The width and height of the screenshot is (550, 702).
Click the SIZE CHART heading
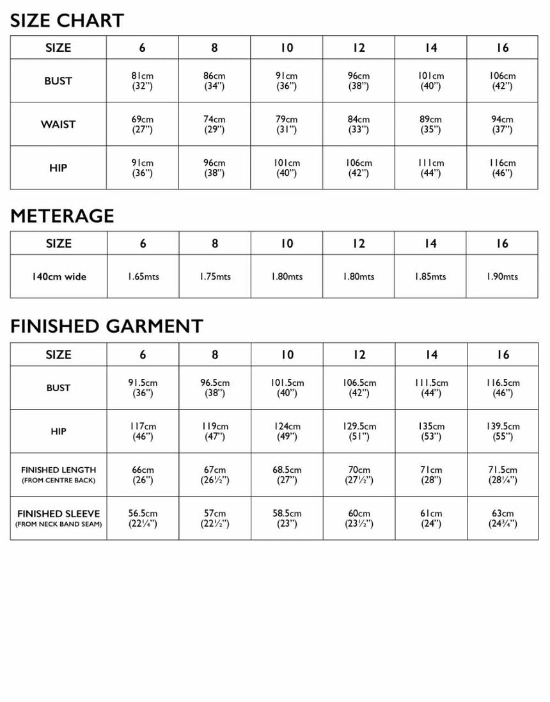pyautogui.click(x=67, y=20)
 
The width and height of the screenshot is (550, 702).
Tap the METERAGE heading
pyautogui.click(x=62, y=216)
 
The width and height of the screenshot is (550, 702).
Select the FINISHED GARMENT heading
pyautogui.click(x=106, y=326)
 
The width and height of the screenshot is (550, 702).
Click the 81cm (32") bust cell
pyautogui.click(x=143, y=81)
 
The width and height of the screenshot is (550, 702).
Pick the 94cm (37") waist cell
pyautogui.click(x=503, y=124)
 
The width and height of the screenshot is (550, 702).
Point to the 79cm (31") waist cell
pyautogui.click(x=287, y=124)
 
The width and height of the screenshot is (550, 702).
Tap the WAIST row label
pyautogui.click(x=58, y=124)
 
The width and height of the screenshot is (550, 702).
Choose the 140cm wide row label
pyautogui.click(x=58, y=277)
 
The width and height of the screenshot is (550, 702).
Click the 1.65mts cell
pyautogui.click(x=143, y=277)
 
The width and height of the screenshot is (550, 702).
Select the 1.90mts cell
pyautogui.click(x=503, y=277)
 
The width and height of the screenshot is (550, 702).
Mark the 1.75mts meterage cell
pyautogui.click(x=215, y=277)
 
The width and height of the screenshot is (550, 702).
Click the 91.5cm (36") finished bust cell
pyautogui.click(x=143, y=388)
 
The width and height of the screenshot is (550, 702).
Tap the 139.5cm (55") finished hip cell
pyautogui.click(x=503, y=431)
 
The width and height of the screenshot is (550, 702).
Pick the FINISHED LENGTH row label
pyautogui.click(x=58, y=474)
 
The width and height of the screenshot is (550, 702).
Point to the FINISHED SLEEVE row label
pyautogui.click(x=58, y=518)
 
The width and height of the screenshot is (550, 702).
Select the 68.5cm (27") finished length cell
pyautogui.click(x=287, y=474)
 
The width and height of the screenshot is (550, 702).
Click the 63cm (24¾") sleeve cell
pyautogui.click(x=503, y=518)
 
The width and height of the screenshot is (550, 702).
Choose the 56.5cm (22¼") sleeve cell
pyautogui.click(x=143, y=518)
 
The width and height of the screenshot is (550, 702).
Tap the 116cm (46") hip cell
pyautogui.click(x=503, y=168)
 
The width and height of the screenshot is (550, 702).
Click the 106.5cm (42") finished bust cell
pyautogui.click(x=359, y=388)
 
